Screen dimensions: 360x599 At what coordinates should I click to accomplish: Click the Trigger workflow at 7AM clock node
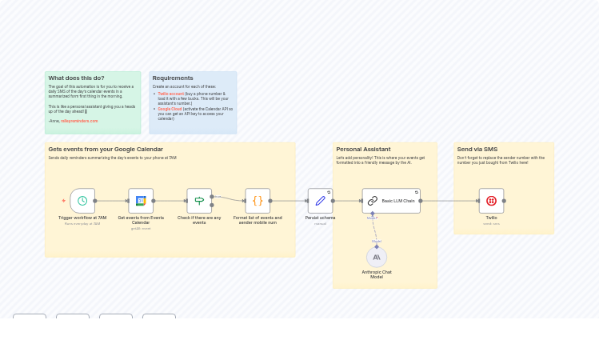pyautogui.click(x=82, y=201)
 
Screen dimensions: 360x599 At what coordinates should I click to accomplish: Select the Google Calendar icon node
pyautogui.click(x=141, y=201)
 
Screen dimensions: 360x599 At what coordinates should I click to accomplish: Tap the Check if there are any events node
pyautogui.click(x=199, y=201)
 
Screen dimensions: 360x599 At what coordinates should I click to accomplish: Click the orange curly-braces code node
pyautogui.click(x=258, y=201)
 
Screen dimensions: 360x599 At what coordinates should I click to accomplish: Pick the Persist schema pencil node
pyautogui.click(x=320, y=201)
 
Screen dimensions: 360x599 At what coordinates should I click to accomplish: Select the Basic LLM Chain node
pyautogui.click(x=391, y=201)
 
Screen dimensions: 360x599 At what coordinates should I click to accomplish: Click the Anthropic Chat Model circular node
pyautogui.click(x=377, y=258)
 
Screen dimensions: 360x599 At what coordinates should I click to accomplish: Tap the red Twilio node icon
pyautogui.click(x=491, y=201)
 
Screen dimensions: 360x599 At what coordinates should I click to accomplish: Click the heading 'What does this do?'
pyautogui.click(x=76, y=78)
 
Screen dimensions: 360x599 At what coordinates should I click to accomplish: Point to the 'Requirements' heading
pyautogui.click(x=173, y=78)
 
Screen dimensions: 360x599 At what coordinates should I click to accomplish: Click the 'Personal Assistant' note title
pyautogui.click(x=363, y=150)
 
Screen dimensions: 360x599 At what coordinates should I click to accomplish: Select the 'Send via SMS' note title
pyautogui.click(x=477, y=150)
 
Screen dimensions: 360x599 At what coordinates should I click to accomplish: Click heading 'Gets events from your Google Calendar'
pyautogui.click(x=106, y=150)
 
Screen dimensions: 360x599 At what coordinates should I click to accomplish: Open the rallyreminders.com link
pyautogui.click(x=79, y=121)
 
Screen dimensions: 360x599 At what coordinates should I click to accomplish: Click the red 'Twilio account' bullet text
pyautogui.click(x=170, y=94)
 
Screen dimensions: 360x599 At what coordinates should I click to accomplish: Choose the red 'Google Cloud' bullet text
pyautogui.click(x=170, y=109)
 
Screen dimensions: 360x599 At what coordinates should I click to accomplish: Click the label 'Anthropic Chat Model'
pyautogui.click(x=377, y=274)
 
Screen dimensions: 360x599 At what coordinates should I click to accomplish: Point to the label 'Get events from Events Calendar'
pyautogui.click(x=141, y=220)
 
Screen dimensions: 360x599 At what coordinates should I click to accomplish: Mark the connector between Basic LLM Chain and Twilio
pyautogui.click(x=449, y=201)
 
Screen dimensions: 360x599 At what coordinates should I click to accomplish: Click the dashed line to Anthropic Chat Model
pyautogui.click(x=374, y=229)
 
